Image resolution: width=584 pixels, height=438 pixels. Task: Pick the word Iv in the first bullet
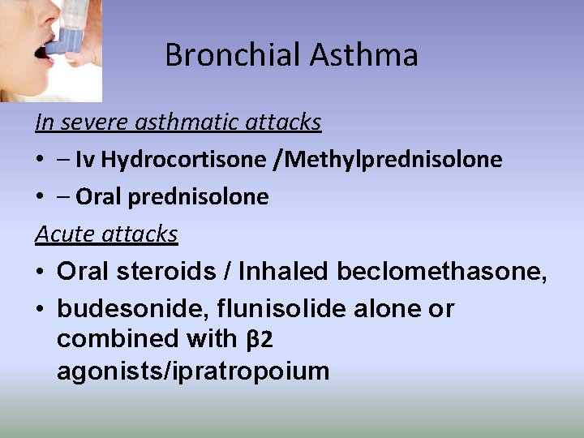(x=84, y=160)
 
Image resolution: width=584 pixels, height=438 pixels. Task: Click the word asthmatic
(x=184, y=122)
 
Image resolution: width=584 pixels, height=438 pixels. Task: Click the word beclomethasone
(x=441, y=272)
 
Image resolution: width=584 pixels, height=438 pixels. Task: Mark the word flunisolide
(x=272, y=309)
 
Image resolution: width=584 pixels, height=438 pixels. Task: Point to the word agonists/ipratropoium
(x=193, y=371)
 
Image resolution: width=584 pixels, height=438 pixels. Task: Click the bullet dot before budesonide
(x=41, y=309)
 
